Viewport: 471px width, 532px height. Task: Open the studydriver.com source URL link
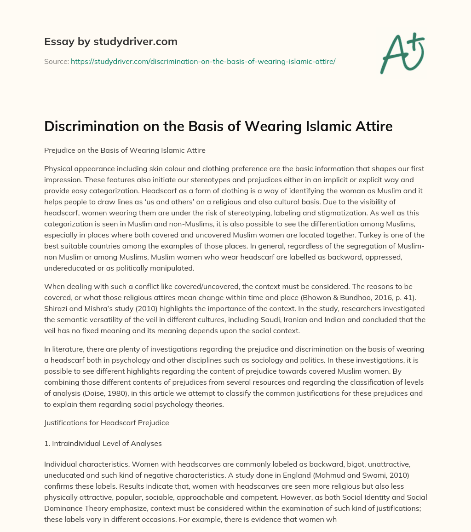pos(203,61)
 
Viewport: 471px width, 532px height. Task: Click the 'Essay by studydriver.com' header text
pos(111,41)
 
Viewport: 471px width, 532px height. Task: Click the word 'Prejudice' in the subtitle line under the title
pos(59,150)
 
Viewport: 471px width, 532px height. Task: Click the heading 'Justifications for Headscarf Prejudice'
pos(106,423)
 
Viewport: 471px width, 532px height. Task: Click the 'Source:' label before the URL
pos(57,61)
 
